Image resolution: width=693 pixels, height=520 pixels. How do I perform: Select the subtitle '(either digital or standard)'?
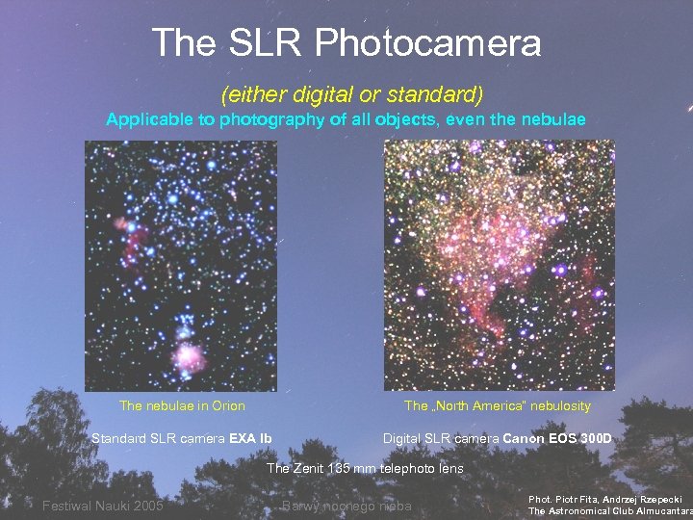click(x=351, y=94)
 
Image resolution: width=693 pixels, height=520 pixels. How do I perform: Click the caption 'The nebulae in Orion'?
click(x=182, y=405)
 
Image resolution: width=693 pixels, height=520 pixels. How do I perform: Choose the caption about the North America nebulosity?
click(x=497, y=405)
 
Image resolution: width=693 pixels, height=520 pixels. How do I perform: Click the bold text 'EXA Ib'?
click(x=250, y=439)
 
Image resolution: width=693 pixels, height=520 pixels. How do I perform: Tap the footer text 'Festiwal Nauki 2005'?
click(x=103, y=506)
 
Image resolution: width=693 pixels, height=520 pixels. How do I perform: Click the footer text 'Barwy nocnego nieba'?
click(x=346, y=506)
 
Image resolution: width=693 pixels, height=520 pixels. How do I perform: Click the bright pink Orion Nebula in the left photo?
click(x=188, y=356)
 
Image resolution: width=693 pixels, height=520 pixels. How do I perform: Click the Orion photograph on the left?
click(x=180, y=265)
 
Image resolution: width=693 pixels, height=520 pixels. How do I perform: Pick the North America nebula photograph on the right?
click(x=499, y=265)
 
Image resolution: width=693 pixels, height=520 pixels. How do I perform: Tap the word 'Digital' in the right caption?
click(x=404, y=439)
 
